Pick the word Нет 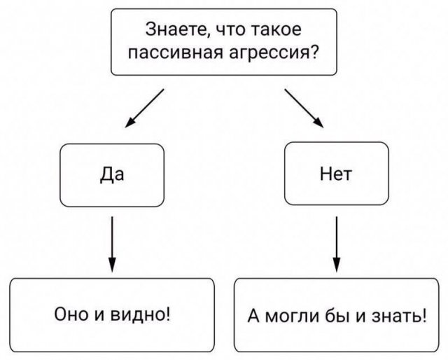337,174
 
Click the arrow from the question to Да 144,109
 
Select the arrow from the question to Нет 304,109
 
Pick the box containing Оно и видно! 111,314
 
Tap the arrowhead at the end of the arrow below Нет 337,265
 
